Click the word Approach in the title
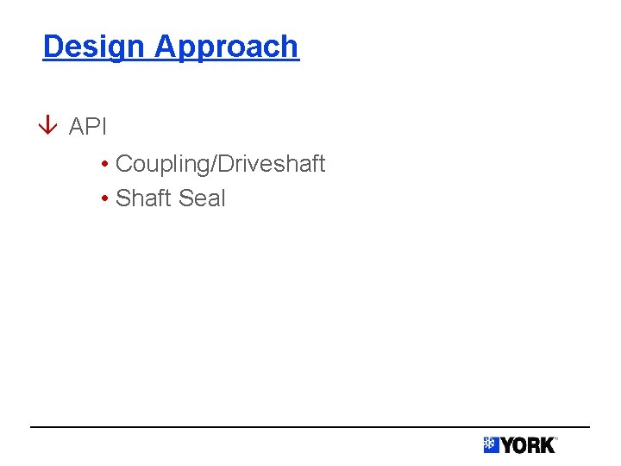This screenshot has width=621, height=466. point(226,47)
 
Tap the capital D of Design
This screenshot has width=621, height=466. point(52,46)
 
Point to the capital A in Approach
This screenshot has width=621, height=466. point(164,46)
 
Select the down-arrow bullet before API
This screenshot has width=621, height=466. point(50,127)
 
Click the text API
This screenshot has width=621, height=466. point(88,127)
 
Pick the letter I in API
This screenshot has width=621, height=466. point(103,127)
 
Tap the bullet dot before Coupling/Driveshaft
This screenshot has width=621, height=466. point(103,164)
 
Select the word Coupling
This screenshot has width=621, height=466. point(159,164)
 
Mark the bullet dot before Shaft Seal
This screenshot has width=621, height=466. point(103,198)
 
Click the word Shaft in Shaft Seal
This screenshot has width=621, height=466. point(143,198)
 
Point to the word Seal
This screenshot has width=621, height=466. point(201,198)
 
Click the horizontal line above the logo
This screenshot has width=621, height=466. point(310,426)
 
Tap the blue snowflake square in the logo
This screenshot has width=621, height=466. point(491,445)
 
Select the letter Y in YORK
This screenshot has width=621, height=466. point(507,445)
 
